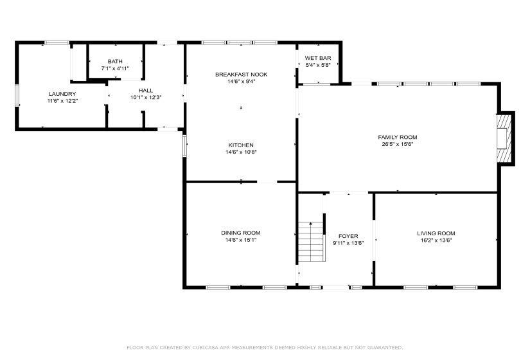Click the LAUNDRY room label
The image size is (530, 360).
62,94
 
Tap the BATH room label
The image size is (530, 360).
115,61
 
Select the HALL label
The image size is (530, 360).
146,90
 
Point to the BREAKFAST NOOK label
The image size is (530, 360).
241,75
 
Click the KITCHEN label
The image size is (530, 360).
241,145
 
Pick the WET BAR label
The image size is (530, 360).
318,58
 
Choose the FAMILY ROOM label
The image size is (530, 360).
398,137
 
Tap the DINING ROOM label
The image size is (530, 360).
241,233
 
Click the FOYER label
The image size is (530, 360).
348,236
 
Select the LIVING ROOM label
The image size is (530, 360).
436,233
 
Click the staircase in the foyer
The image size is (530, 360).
310,241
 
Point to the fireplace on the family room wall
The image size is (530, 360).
506,139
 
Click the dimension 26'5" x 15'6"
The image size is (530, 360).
398,144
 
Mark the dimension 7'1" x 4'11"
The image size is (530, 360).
115,68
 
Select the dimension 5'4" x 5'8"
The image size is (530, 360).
318,65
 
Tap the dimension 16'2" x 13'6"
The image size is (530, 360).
436,240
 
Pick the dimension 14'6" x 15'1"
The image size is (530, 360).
241,240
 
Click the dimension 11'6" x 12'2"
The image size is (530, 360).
62,101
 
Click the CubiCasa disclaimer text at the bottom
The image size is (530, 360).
265,347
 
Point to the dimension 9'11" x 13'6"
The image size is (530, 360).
348,243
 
